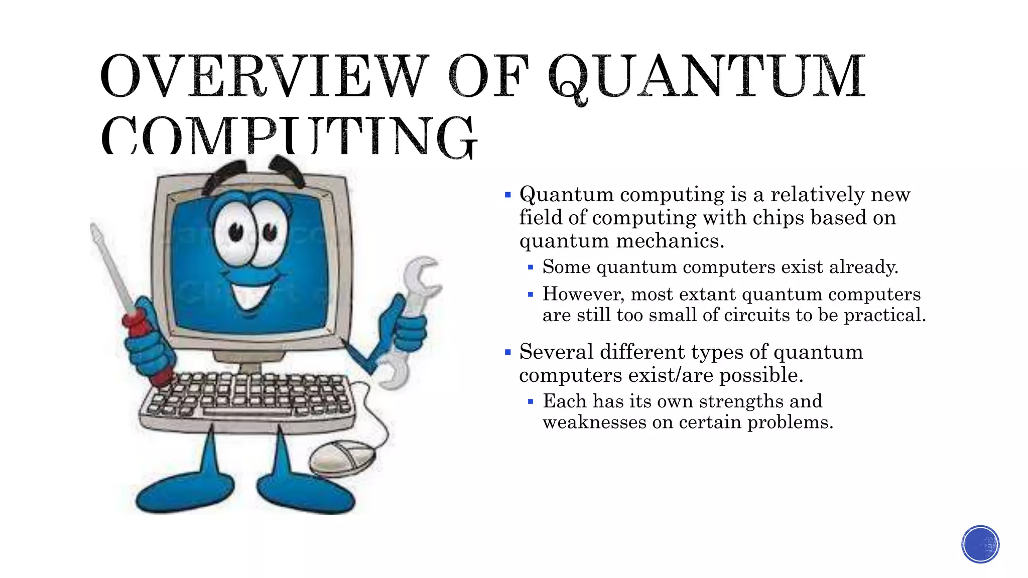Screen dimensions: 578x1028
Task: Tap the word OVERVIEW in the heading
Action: tap(264, 76)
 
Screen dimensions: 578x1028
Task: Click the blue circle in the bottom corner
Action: tap(980, 544)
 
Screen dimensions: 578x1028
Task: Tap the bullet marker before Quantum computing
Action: tap(508, 195)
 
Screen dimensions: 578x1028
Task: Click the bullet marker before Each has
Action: tap(531, 401)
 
